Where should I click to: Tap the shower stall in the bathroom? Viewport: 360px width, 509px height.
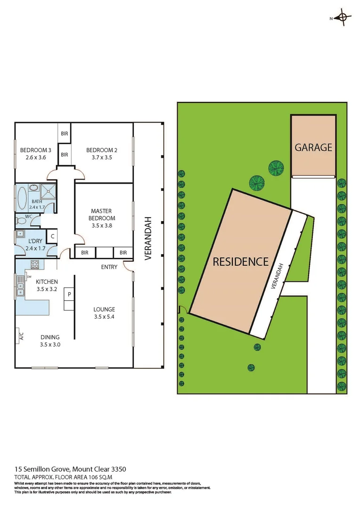[48, 192]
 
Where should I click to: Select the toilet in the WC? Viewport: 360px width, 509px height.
[21, 220]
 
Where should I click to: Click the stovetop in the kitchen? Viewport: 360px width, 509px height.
[34, 264]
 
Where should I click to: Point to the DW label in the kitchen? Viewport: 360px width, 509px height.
[29, 277]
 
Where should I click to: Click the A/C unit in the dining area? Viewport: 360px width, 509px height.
[21, 337]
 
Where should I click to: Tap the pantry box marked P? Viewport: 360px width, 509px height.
[69, 295]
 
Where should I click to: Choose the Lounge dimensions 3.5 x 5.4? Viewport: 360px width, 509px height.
[104, 317]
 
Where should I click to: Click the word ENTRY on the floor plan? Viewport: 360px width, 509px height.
[109, 267]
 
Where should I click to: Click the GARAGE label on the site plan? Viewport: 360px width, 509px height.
[313, 148]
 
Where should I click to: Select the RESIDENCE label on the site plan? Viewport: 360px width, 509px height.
[240, 262]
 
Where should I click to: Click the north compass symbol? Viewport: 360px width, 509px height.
[343, 18]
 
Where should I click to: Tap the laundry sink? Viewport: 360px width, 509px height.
[21, 234]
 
